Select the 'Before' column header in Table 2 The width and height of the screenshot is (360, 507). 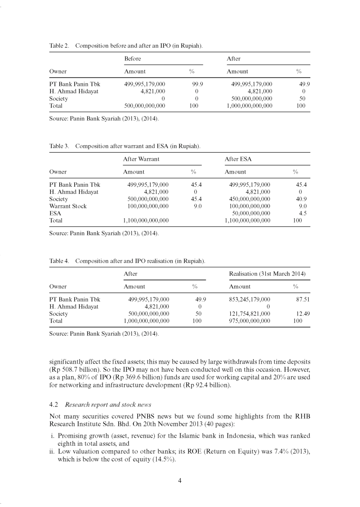[x=132, y=58]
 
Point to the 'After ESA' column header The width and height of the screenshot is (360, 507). [x=238, y=159]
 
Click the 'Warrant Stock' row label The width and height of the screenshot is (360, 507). [x=68, y=206]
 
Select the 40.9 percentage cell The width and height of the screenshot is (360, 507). [x=301, y=199]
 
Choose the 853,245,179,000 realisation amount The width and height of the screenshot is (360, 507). [x=249, y=299]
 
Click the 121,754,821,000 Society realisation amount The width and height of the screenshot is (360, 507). [x=249, y=314]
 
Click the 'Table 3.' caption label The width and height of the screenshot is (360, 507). [x=59, y=146]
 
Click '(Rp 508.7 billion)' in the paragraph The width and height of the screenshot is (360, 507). [x=73, y=370]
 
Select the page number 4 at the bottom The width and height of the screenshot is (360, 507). [x=180, y=481]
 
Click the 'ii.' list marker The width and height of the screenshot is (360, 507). [x=52, y=453]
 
